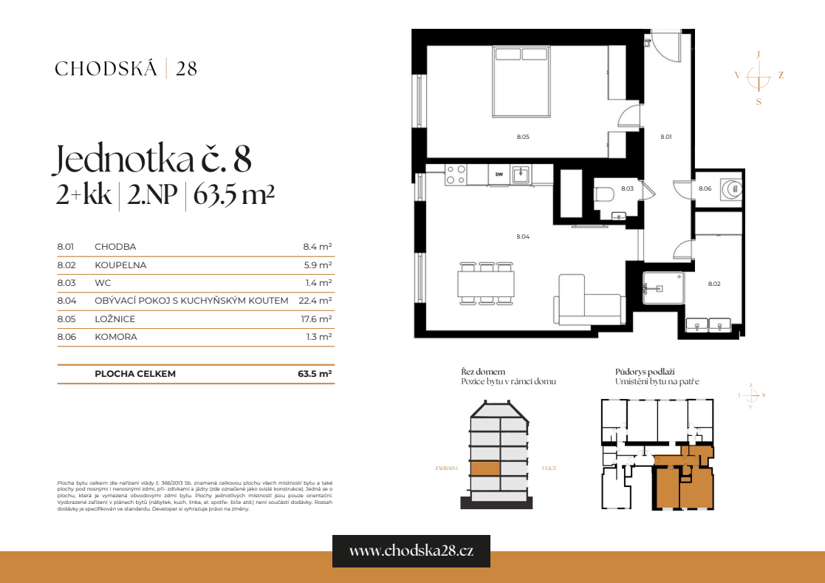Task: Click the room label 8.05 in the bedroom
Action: coord(523,137)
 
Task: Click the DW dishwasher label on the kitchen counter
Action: coord(499,174)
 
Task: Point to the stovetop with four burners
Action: coord(456,174)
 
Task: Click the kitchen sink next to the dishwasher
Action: coord(521,174)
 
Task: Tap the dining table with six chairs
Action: coord(485,282)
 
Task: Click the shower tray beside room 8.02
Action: coord(662,287)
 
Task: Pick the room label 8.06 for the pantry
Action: coord(705,188)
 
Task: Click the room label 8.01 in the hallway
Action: coord(665,137)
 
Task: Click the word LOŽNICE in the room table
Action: coord(115,319)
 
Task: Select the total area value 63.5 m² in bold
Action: coord(314,374)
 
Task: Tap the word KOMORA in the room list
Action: coord(116,337)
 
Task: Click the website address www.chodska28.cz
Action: coord(411,551)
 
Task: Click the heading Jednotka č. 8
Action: coord(154,160)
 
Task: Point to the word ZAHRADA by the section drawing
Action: coord(448,468)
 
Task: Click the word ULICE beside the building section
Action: coord(548,468)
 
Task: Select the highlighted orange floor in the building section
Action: coord(485,468)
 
